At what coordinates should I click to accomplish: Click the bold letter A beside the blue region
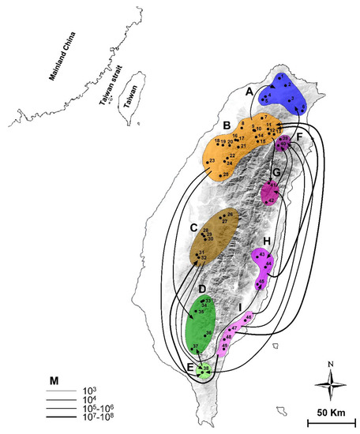250,92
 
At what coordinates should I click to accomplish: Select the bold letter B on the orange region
226,125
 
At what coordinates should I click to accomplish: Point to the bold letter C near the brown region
192,228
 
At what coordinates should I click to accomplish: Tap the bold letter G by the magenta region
277,171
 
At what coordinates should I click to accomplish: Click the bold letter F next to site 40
301,137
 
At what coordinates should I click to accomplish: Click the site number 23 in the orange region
212,161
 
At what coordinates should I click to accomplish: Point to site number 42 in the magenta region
271,201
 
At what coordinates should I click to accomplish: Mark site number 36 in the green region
208,333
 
